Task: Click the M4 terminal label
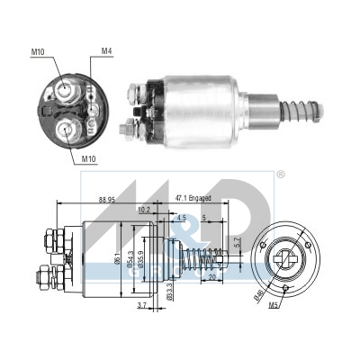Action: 107,51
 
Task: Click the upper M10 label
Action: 38,52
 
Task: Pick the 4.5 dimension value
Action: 181,217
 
